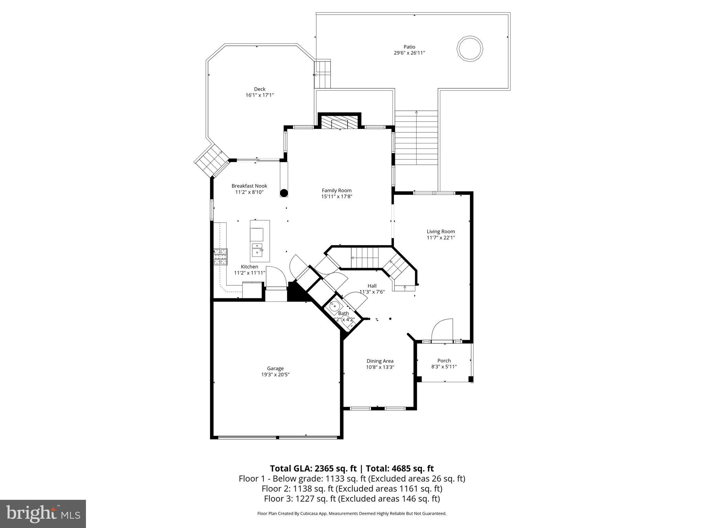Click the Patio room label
(409, 47)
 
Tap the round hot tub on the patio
(470, 48)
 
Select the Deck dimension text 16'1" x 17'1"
(260, 95)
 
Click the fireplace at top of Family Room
(340, 122)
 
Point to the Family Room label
(337, 190)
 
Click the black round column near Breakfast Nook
(284, 193)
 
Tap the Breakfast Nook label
(249, 186)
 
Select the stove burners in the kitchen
(220, 257)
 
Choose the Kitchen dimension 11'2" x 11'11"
(250, 273)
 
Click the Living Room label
(441, 231)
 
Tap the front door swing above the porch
(442, 330)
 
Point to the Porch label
(444, 361)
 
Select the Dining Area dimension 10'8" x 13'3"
(380, 367)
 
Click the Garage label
(275, 368)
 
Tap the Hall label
(372, 286)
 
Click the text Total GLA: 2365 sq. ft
(314, 469)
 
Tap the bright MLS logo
(43, 514)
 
